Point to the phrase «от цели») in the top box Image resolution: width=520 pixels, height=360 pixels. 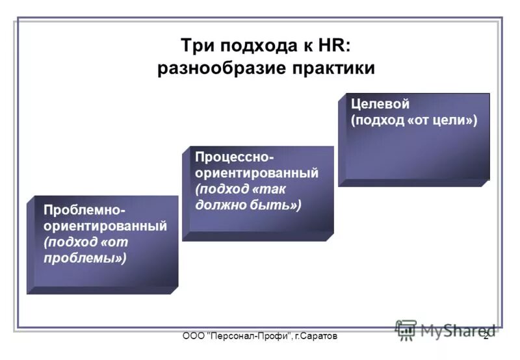point(442,120)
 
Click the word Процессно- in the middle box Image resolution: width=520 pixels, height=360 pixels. point(235,158)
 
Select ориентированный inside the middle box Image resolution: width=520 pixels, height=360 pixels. point(257,174)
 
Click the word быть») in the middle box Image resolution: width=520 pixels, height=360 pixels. point(277,205)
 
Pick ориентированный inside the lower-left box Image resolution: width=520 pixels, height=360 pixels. point(105,226)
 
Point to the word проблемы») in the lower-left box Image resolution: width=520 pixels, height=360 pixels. point(84,257)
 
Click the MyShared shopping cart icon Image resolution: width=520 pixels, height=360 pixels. point(406,329)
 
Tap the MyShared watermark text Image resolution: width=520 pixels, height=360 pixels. point(458,330)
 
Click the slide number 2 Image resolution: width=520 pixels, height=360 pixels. point(486,335)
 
